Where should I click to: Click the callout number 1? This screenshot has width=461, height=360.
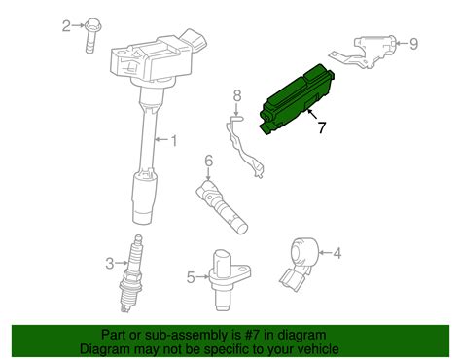tap(174, 143)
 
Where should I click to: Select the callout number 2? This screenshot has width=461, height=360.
tap(67, 25)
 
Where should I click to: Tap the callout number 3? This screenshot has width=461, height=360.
tap(110, 261)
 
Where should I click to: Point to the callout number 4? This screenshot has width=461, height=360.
tap(337, 255)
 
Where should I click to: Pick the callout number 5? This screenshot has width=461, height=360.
tap(191, 276)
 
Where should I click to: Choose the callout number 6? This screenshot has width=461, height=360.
tap(208, 161)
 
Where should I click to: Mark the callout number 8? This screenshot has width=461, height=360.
tap(235, 95)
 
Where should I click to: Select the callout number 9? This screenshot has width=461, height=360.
tap(412, 43)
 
